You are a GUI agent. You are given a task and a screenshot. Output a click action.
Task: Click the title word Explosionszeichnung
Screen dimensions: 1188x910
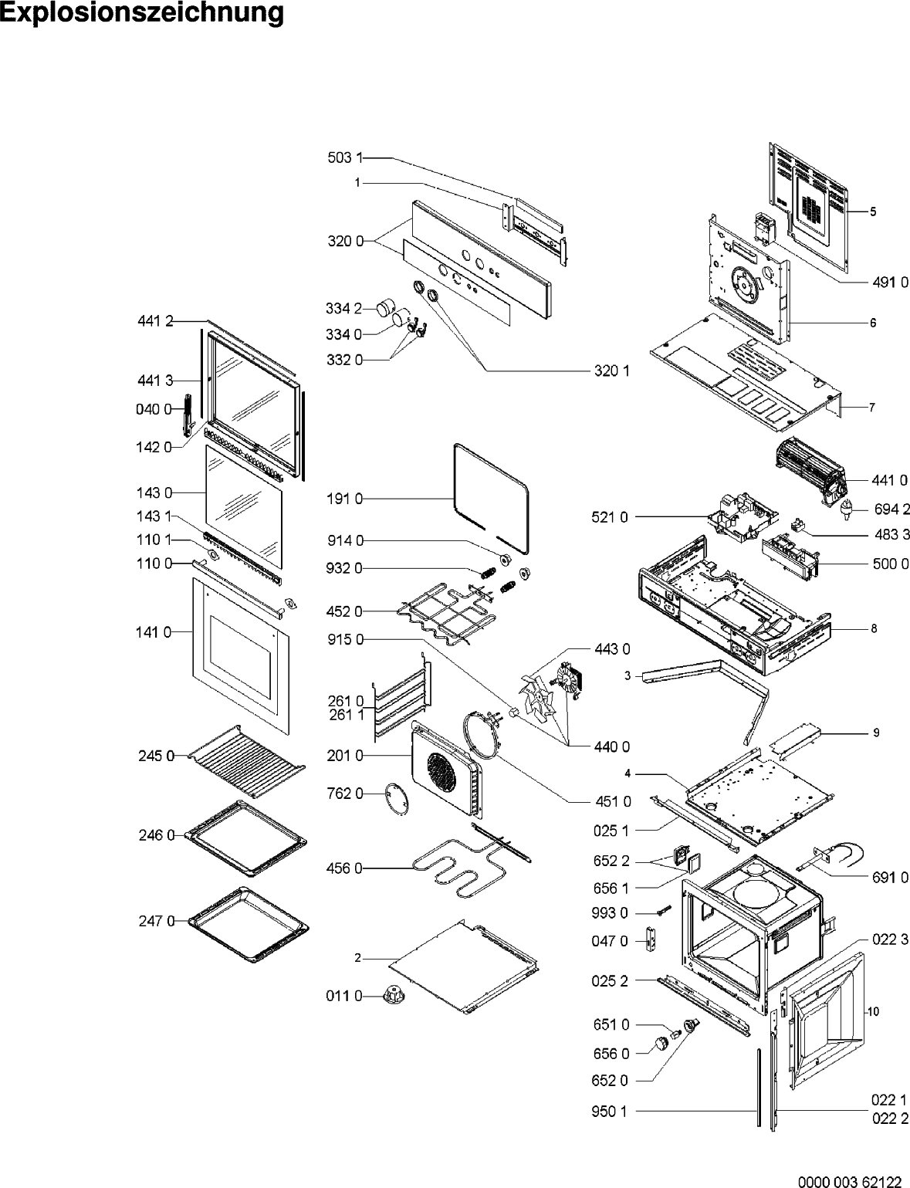(142, 14)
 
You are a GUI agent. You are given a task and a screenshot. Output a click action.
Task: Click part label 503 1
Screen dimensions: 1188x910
(344, 158)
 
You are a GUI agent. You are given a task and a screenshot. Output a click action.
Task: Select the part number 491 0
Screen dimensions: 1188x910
(889, 283)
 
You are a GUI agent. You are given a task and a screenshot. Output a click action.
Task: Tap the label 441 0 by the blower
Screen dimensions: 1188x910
(889, 481)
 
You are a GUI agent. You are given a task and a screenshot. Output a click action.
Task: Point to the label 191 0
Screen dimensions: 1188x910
(344, 499)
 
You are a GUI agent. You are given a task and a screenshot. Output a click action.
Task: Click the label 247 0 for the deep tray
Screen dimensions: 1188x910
(156, 920)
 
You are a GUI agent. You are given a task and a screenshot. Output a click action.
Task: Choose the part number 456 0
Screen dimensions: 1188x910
(344, 868)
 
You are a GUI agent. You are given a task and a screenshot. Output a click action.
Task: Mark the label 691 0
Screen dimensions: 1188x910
(889, 877)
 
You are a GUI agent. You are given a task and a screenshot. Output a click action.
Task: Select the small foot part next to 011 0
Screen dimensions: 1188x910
(394, 994)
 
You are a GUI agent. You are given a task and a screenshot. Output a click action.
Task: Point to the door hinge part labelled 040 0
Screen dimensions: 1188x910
(187, 414)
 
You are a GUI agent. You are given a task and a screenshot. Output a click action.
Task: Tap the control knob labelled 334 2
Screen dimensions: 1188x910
(385, 308)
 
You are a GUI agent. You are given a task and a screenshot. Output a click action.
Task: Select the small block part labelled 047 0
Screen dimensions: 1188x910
(658, 941)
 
